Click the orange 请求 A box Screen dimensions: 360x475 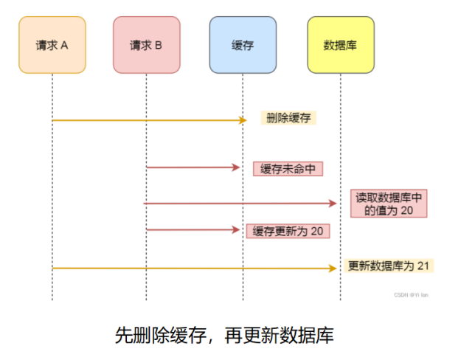coord(52,45)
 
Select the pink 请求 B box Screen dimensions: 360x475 coord(146,45)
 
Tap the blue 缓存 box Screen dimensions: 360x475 coord(243,45)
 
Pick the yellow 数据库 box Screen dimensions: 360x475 coord(340,45)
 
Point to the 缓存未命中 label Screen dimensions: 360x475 coord(288,168)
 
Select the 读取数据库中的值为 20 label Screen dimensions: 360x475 coord(389,204)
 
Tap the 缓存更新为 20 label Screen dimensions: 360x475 coord(288,231)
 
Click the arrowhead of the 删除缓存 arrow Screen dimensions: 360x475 coord(243,119)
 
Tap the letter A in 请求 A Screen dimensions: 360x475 coord(64,46)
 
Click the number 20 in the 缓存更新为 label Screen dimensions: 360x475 coord(317,231)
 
